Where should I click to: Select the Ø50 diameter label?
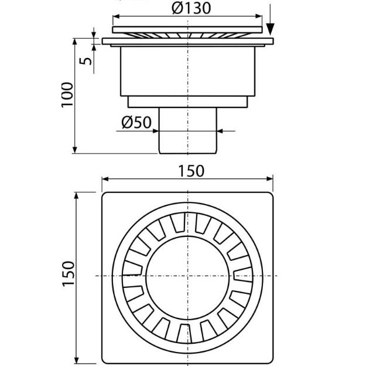point(136,123)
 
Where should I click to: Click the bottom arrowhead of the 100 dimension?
point(76,150)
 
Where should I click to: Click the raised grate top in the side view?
point(187,29)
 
